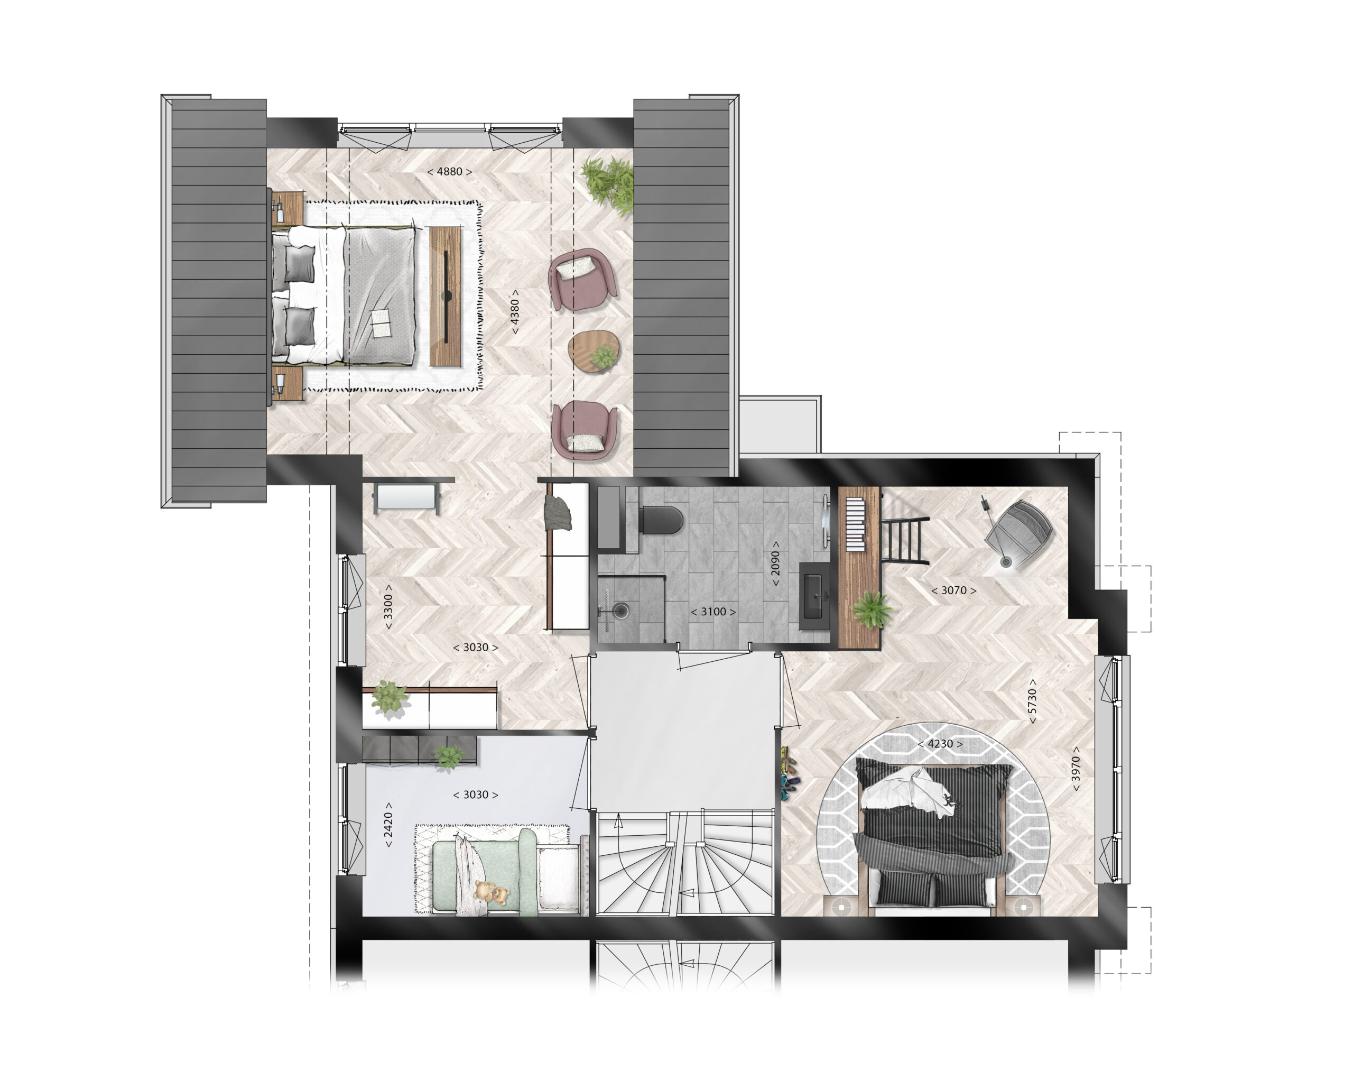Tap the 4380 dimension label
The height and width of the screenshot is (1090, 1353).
click(x=515, y=311)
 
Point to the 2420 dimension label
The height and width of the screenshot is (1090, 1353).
click(x=388, y=825)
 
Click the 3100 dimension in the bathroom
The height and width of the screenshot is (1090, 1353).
click(x=713, y=612)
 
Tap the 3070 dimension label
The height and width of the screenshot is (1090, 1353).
click(x=953, y=590)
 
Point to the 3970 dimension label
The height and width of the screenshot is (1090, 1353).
click(x=1076, y=769)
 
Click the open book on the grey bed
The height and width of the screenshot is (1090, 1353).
click(x=381, y=324)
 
